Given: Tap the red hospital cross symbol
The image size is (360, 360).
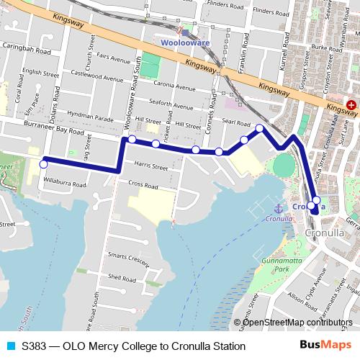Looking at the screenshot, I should pyautogui.click(x=351, y=105).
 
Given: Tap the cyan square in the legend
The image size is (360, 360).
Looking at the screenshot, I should pyautogui.click(x=10, y=346).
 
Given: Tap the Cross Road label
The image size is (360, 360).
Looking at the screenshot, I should pyautogui.click(x=143, y=185).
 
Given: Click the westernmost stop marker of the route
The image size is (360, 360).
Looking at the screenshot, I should pyautogui.click(x=43, y=165).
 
